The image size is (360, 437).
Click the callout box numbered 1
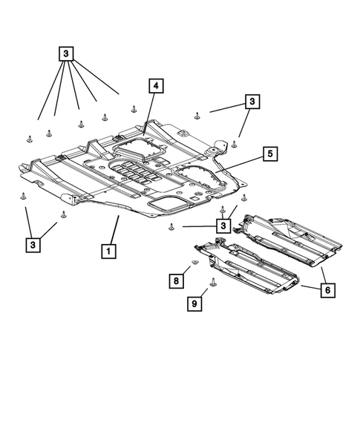pyautogui.click(x=108, y=251)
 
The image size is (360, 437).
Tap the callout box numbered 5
pyautogui.click(x=269, y=154)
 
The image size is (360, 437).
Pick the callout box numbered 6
pyautogui.click(x=324, y=290)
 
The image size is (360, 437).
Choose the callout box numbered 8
pyautogui.click(x=176, y=280)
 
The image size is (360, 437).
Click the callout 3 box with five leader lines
pyautogui.click(x=66, y=53)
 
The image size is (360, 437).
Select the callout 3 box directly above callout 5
pyautogui.click(x=252, y=101)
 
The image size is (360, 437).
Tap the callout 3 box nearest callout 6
pyautogui.click(x=222, y=225)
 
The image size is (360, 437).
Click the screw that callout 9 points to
pyautogui.click(x=213, y=282)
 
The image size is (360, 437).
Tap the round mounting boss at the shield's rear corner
pyautogui.click(x=214, y=151)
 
